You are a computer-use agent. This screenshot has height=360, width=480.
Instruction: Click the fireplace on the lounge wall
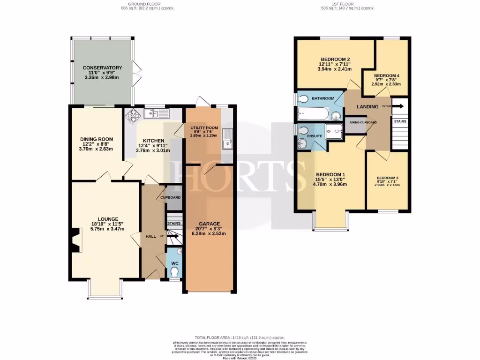point(75,240)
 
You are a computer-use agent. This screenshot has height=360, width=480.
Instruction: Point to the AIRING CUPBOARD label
point(361,122)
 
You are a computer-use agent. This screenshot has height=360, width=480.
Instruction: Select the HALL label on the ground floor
point(150,236)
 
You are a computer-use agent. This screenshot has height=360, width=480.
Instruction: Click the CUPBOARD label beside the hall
point(171,197)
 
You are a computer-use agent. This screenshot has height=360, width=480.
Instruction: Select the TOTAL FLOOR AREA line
point(240,337)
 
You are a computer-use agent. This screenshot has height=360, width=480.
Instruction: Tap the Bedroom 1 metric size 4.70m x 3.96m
point(330,184)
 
